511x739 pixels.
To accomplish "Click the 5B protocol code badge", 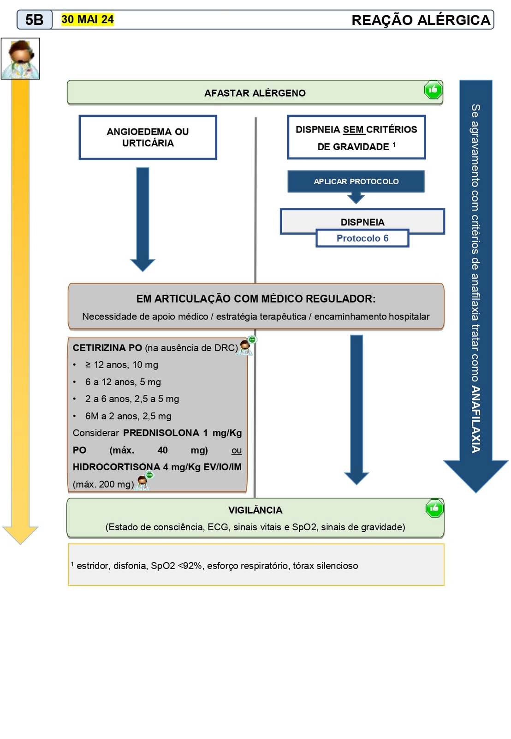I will [x=35, y=20].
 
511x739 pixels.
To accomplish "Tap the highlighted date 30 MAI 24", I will [x=87, y=19].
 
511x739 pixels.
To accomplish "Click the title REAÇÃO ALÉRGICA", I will [x=421, y=20].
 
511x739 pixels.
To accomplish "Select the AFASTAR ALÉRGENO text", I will [x=255, y=93].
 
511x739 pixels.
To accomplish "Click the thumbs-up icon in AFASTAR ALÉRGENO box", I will [x=433, y=90].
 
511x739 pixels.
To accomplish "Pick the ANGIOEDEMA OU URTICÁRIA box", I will [x=148, y=138].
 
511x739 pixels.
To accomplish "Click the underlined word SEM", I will [x=354, y=130].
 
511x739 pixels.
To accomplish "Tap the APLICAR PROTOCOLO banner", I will [x=356, y=182].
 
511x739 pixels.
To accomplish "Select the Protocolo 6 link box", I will [x=362, y=238].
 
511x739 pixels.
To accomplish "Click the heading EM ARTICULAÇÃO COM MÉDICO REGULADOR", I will [x=255, y=299].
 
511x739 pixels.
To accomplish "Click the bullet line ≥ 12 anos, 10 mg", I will [x=121, y=365].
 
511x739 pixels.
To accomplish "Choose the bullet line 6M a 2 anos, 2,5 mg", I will [x=128, y=416].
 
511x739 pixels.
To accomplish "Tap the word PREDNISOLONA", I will [x=161, y=433].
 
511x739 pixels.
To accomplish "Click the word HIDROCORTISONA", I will [x=116, y=467].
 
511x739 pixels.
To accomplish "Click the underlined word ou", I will [x=237, y=450].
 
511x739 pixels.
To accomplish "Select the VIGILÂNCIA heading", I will [x=255, y=510].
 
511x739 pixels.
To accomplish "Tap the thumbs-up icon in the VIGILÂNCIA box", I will [x=434, y=509].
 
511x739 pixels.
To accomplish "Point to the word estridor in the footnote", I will [x=93, y=566].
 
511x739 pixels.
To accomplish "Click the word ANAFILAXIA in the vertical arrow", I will [x=476, y=419].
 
